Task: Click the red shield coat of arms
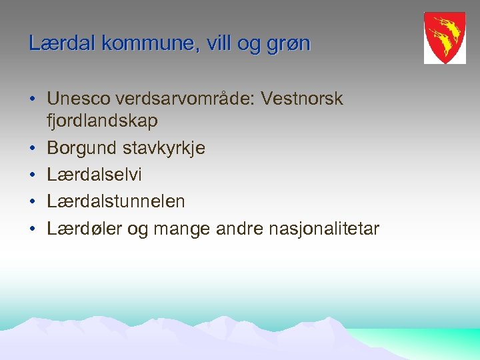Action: [445, 37]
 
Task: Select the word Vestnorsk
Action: [302, 99]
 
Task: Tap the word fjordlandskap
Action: [102, 121]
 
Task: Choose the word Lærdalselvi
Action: [94, 175]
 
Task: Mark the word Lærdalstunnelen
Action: [116, 201]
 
